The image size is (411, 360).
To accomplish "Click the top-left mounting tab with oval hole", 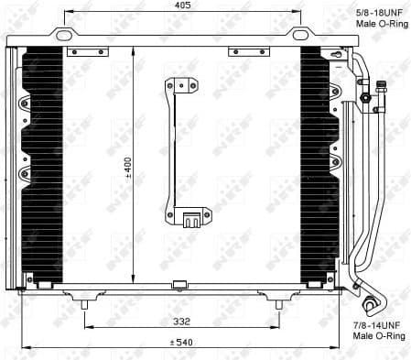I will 63,36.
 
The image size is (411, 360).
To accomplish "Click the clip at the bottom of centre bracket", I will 192,220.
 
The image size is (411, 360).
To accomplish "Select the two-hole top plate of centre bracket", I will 182,86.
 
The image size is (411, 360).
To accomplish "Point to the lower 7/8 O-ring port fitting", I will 373,306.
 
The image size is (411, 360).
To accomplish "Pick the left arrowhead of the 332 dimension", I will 88,328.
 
